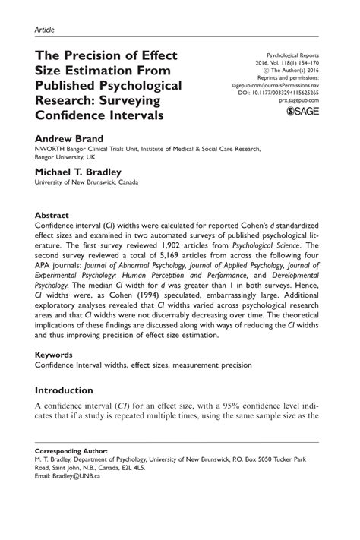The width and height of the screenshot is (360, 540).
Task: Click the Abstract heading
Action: (x=55, y=215)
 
